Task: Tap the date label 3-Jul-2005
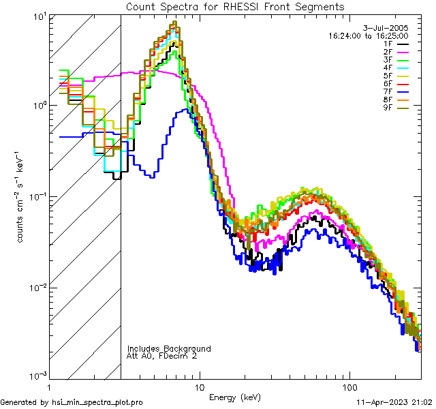click(389, 27)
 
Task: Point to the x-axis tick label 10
click(200, 387)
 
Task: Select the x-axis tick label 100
click(349, 387)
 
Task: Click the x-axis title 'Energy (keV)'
click(235, 397)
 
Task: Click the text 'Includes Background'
click(169, 348)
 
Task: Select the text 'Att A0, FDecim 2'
click(162, 356)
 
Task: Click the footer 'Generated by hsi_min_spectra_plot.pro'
click(72, 403)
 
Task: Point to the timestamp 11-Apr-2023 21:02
click(394, 403)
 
